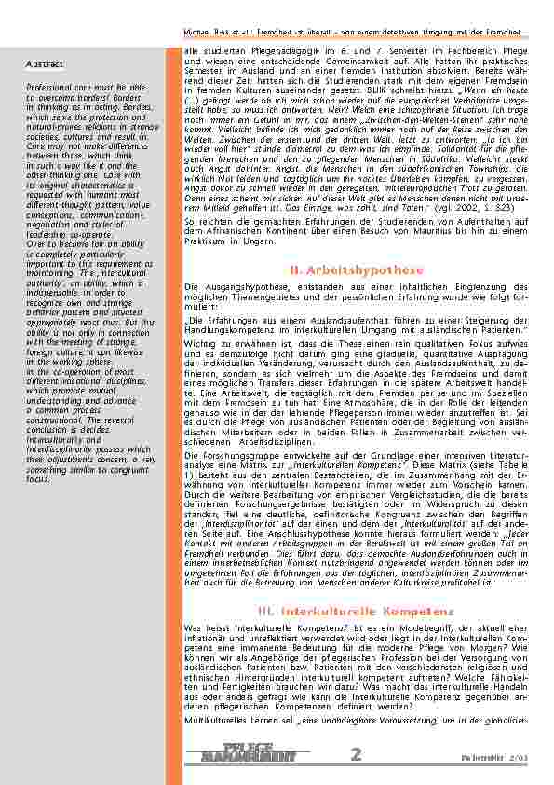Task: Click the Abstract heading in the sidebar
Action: pos(45,64)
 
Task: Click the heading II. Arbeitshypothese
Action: pos(357,269)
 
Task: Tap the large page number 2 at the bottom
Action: pos(357,753)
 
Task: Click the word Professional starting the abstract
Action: pos(50,85)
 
